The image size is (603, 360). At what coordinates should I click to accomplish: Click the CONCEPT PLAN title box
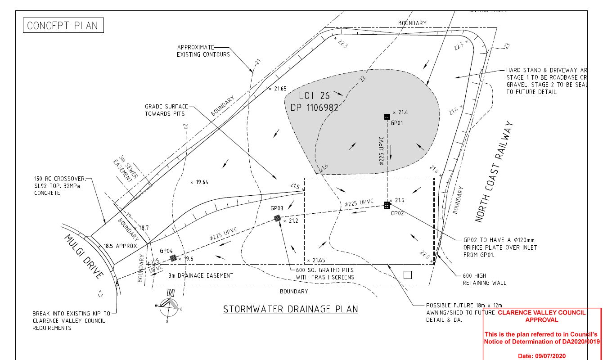[x=63, y=25]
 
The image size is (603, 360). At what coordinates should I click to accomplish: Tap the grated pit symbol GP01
[x=387, y=117]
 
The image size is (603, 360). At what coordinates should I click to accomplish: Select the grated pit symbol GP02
[x=387, y=206]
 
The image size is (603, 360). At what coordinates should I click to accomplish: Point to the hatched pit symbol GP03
[x=278, y=218]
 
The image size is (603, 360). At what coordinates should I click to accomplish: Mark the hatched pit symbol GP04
[x=173, y=258]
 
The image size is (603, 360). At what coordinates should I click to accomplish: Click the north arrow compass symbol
[x=169, y=306]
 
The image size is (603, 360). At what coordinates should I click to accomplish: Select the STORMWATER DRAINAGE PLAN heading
[x=291, y=309]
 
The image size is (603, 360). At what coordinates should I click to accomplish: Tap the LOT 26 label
[x=314, y=96]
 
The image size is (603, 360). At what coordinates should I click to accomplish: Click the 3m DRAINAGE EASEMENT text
[x=201, y=275]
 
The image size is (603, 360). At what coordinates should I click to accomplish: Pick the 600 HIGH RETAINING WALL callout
[x=484, y=279]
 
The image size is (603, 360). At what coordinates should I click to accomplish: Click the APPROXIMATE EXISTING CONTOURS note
[x=203, y=51]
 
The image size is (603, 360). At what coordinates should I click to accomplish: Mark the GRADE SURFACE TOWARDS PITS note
[x=166, y=110]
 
